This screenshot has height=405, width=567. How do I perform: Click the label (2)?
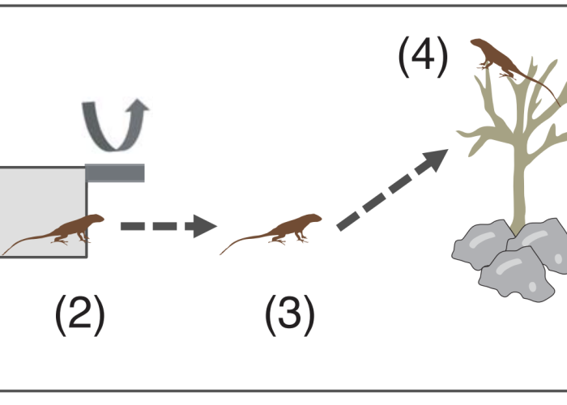(79, 316)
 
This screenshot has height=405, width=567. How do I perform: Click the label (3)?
(289, 316)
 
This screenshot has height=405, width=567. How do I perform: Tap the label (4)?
(422, 58)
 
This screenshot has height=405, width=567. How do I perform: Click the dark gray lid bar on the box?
(115, 173)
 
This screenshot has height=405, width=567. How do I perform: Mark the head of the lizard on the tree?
(478, 44)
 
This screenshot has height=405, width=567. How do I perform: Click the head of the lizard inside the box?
(96, 219)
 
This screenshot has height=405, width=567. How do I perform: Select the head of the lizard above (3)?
(313, 219)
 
